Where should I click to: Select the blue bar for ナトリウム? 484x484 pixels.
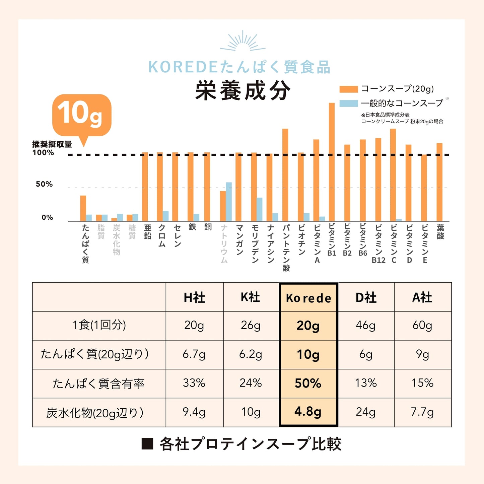(x=229, y=202)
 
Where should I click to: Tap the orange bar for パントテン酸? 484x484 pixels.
(x=285, y=175)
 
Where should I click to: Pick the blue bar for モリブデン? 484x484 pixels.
(x=260, y=209)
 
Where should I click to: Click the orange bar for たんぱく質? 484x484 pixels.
(x=83, y=208)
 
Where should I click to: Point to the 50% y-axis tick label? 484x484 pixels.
(x=44, y=184)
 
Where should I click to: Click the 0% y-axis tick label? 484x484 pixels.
(x=47, y=217)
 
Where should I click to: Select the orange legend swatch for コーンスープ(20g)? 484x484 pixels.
(x=349, y=89)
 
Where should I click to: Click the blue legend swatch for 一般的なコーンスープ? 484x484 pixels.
(x=349, y=103)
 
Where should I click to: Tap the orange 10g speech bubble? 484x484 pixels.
(x=81, y=115)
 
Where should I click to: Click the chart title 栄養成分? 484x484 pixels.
(x=243, y=91)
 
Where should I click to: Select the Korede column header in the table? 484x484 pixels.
(x=308, y=297)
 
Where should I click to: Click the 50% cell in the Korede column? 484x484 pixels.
(x=308, y=383)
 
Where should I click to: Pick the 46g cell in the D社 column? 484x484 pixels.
(x=366, y=325)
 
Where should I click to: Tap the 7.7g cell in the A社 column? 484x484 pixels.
(x=422, y=412)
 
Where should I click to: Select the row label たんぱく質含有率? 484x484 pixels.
(x=98, y=384)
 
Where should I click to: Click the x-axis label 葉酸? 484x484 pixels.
(x=440, y=232)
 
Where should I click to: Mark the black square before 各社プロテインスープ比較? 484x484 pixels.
(x=147, y=444)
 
